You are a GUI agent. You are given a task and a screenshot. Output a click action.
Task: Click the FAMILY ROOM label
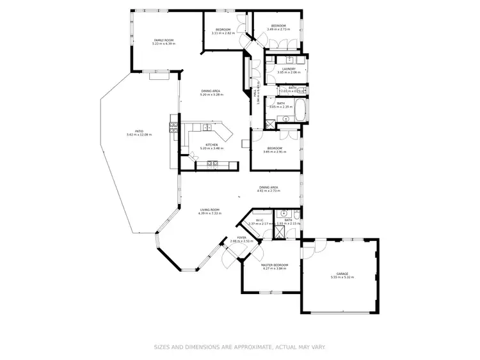pos(163,40)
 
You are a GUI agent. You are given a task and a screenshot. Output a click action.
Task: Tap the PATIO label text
pos(139,130)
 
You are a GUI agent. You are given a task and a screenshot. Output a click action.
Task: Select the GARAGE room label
pos(342,273)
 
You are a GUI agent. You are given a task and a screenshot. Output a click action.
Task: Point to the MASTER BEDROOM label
pos(275,265)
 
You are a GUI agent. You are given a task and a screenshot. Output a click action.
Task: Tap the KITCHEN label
pos(211,145)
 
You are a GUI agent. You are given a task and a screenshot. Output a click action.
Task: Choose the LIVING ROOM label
pos(210,209)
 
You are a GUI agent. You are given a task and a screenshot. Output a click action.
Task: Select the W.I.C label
pos(259,219)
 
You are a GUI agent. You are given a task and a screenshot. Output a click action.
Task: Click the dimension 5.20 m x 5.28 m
pos(211,94)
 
